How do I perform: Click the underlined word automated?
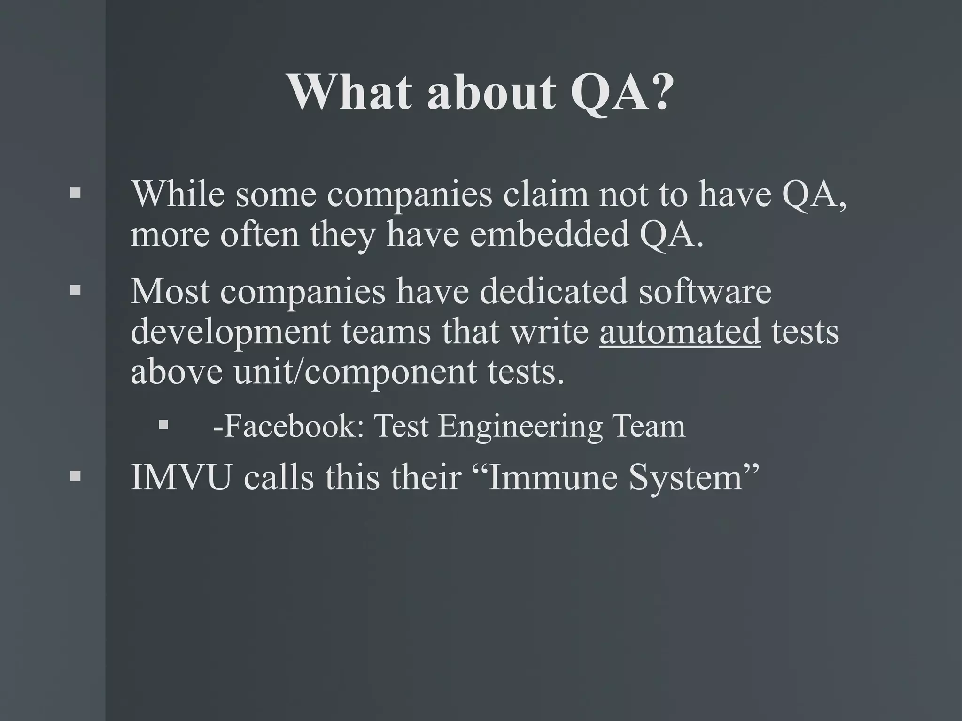(680, 331)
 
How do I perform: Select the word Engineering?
(520, 426)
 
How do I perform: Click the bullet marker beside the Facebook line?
(163, 425)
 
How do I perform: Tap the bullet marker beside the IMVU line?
(75, 476)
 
